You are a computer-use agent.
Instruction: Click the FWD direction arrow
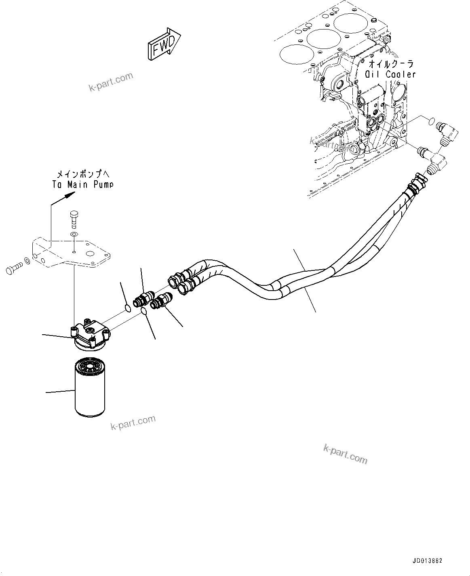(164, 44)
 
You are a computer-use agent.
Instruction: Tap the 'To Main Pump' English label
(82, 184)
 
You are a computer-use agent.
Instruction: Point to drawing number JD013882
(428, 561)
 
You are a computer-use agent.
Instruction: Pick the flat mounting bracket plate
(73, 253)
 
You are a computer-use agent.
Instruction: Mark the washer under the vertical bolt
(74, 235)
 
